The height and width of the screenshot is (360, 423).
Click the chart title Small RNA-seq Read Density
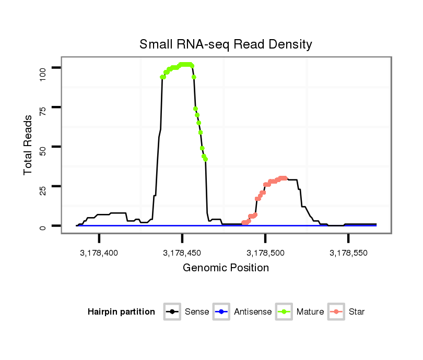pos(226,44)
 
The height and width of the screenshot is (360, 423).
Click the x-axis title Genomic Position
pos(226,268)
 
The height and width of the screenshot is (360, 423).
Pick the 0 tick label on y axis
pos(43,226)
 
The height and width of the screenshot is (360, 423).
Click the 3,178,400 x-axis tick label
pos(99,253)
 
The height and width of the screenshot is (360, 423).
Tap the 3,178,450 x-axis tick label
pos(182,253)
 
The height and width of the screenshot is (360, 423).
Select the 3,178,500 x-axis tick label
pos(265,253)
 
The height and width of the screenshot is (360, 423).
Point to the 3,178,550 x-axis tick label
pos(348,253)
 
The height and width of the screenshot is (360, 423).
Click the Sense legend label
pos(197,312)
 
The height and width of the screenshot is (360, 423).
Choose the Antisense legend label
pos(253,312)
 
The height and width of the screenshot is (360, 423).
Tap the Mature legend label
pos(310,312)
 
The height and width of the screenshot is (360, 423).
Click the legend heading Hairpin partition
pos(121,312)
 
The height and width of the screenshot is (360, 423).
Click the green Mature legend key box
pos(285,312)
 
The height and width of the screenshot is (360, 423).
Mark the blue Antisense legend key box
pos(222,312)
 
